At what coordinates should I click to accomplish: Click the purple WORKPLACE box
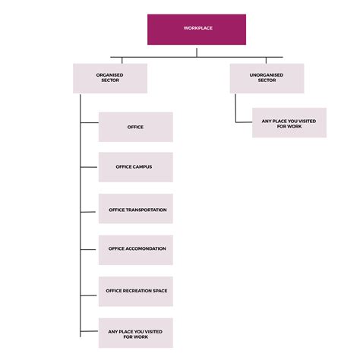197,29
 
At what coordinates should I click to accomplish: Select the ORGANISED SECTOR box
110,78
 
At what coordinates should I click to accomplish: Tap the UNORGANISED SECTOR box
267,78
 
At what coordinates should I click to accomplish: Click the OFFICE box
136,127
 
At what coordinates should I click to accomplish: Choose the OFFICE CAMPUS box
136,167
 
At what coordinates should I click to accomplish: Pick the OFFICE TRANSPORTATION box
136,208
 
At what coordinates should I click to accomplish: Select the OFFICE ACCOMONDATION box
136,249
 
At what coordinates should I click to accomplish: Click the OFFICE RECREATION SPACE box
136,291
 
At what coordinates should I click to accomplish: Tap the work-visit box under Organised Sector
136,333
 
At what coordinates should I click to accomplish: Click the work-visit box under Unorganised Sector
289,122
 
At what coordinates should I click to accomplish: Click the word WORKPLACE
197,29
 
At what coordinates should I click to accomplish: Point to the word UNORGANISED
267,74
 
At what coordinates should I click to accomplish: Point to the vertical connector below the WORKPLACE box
197,51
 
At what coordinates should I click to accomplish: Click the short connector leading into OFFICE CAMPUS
90,167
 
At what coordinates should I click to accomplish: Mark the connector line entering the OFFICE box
90,127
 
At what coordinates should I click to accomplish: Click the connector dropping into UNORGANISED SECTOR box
267,60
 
